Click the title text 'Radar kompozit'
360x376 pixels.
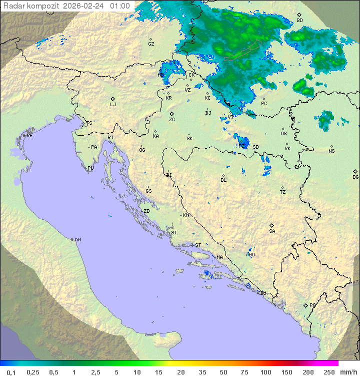(31, 6)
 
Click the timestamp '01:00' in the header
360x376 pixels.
(120, 6)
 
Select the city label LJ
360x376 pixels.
(113, 105)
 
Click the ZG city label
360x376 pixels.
(172, 120)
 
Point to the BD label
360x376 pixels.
(299, 21)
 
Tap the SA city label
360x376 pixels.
(272, 231)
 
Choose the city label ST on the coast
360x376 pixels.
(198, 245)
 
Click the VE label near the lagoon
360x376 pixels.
(29, 136)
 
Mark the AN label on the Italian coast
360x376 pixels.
(77, 240)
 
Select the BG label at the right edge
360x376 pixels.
(355, 177)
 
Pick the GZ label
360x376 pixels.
(151, 44)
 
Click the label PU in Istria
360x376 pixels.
(90, 168)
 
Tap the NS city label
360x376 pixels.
(331, 151)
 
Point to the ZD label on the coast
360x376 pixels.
(146, 211)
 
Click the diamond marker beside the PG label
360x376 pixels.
(305, 305)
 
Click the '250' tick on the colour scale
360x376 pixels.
(328, 372)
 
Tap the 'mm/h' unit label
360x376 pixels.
(348, 372)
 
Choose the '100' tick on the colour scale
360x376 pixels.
(265, 372)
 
